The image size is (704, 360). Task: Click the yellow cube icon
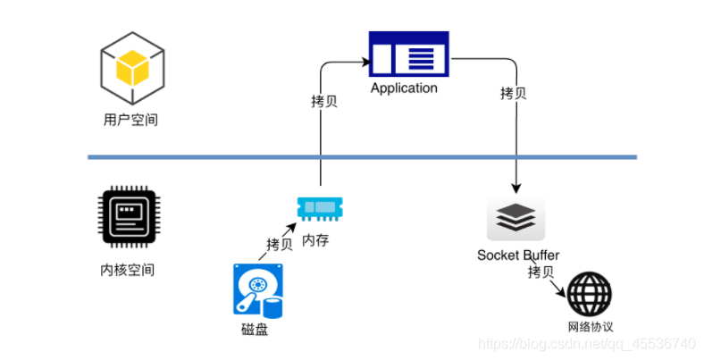tap(132, 68)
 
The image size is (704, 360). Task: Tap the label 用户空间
tap(130, 120)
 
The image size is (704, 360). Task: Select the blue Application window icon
tap(408, 54)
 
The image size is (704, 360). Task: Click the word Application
tap(404, 88)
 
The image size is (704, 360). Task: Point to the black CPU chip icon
tap(130, 217)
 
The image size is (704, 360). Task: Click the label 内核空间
tap(128, 270)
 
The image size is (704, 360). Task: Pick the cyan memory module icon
tap(320, 208)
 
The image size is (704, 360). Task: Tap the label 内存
tap(315, 240)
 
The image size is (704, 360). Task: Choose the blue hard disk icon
tap(258, 291)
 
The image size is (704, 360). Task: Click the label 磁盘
tap(255, 330)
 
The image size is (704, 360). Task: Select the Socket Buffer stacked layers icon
tap(515, 218)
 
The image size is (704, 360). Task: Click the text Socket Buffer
tap(518, 255)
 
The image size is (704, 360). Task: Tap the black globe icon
tap(590, 294)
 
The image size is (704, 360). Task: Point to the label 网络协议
tap(591, 327)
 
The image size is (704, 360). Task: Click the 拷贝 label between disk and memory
tap(280, 245)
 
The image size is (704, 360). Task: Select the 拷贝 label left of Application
tap(324, 102)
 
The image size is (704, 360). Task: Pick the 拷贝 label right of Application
tap(513, 94)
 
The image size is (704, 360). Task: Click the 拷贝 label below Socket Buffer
tap(541, 272)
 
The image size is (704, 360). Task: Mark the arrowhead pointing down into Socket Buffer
tap(515, 188)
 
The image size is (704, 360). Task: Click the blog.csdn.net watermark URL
tap(587, 344)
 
